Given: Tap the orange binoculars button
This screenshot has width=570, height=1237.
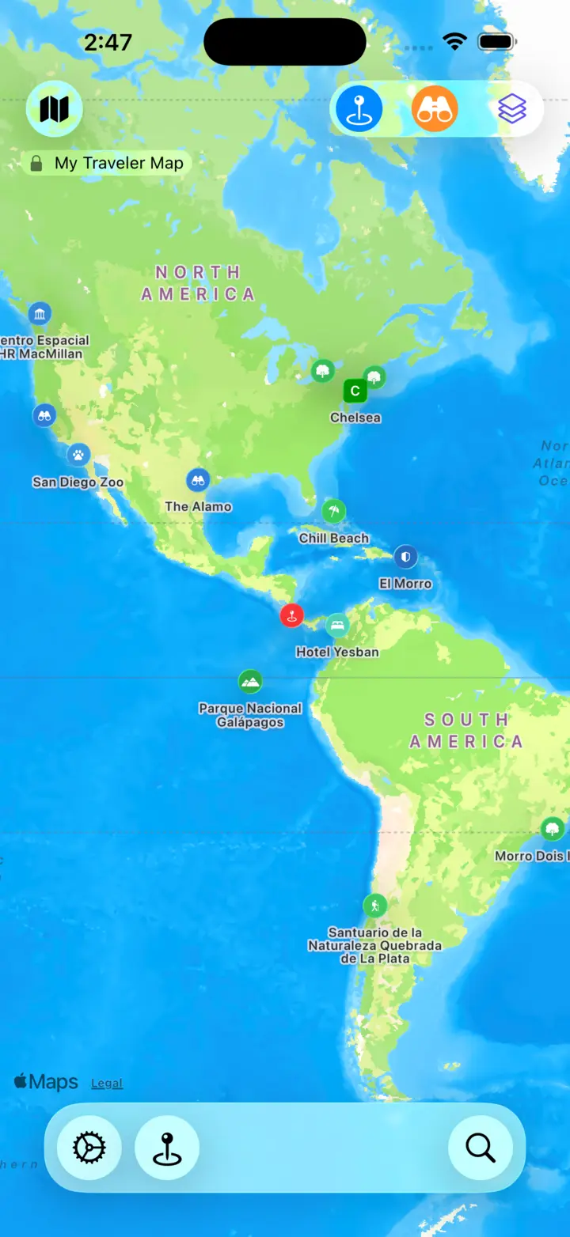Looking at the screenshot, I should point(435,108).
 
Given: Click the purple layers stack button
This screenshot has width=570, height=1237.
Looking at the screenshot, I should point(512,108).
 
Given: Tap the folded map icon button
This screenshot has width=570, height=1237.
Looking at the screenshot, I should point(54,109).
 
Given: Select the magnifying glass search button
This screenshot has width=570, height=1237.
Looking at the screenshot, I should point(480,1147).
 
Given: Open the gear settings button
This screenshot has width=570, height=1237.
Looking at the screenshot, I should point(89,1147).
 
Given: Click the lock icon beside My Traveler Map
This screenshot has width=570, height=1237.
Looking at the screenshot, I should point(36,164).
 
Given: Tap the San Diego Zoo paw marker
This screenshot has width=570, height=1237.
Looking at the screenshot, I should point(78,455).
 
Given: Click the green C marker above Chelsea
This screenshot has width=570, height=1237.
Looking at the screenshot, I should point(355,391).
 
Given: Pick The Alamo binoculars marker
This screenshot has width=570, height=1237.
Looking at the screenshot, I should point(198,479).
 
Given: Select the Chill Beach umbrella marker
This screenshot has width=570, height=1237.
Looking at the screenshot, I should point(334,511).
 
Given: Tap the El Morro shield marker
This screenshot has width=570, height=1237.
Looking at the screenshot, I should point(405,556).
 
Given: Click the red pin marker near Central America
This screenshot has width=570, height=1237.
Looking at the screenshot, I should point(291,615).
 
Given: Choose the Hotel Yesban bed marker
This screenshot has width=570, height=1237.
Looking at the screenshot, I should point(337,625).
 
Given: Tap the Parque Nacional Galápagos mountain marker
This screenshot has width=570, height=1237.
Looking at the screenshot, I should point(250,681).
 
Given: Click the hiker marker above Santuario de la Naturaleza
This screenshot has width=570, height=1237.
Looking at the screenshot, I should point(374,905).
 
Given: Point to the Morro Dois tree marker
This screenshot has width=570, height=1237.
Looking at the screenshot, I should point(553,829).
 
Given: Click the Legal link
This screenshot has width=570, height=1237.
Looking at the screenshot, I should point(107,1084).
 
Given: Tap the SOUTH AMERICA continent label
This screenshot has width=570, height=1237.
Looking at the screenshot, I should point(466,731).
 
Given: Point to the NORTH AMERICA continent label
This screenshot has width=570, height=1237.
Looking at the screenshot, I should point(198,283).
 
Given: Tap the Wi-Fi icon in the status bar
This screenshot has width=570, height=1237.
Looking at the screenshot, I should point(454,42).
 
